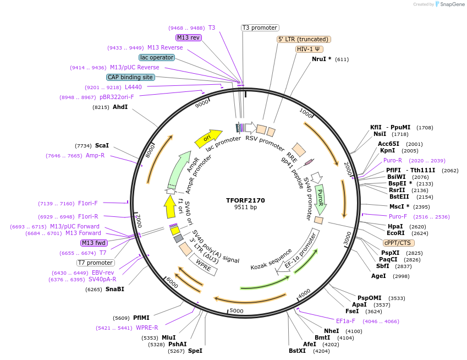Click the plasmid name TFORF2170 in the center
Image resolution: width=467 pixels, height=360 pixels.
tap(245, 200)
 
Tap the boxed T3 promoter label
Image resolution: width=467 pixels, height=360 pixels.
tap(260, 28)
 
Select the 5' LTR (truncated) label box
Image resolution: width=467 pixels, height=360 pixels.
tap(304, 39)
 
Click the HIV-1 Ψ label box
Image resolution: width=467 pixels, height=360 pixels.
tap(309, 49)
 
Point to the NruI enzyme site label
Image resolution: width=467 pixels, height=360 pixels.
tap(321, 59)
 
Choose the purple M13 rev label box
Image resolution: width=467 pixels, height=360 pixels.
tap(189, 37)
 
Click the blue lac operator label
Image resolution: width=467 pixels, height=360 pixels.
tap(157, 57)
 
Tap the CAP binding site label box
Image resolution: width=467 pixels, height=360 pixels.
tap(130, 78)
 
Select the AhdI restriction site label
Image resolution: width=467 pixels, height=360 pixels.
tap(120, 107)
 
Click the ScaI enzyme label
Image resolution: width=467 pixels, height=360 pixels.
tap(102, 145)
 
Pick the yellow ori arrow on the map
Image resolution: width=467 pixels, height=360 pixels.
tap(208, 138)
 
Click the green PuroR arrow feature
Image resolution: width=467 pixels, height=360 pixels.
tap(320, 199)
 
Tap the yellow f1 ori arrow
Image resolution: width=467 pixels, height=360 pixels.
tap(170, 207)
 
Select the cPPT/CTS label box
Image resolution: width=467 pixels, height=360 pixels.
tap(399, 243)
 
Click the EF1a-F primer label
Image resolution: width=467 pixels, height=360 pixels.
tap(345, 321)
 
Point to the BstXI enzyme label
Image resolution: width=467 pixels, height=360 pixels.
tap(297, 351)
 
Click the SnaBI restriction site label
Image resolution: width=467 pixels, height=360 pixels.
tap(115, 289)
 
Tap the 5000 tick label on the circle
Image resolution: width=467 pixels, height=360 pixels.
tap(236, 311)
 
